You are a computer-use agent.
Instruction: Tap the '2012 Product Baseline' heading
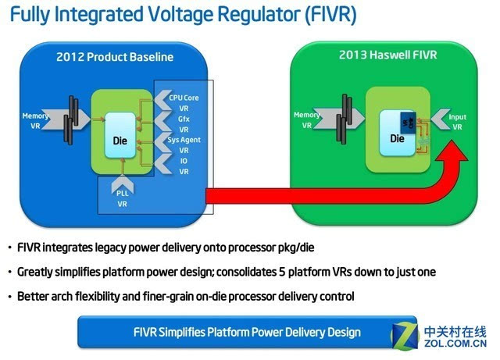tap(114, 57)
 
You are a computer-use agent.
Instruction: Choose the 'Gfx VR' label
tap(183, 123)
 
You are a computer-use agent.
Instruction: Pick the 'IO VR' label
tap(183, 166)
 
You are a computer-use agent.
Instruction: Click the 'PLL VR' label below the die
tap(122, 198)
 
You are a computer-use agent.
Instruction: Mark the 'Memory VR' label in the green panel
tap(306, 119)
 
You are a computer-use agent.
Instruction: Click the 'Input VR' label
tap(457, 122)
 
